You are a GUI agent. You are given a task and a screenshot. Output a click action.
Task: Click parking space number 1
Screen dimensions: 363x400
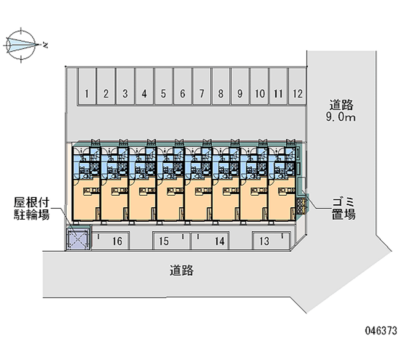point(87,93)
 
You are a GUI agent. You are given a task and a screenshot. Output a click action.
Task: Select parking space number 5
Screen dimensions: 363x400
point(163,93)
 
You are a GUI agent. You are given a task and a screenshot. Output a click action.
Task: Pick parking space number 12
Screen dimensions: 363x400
point(298,93)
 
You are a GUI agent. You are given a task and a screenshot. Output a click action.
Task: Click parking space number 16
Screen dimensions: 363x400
point(117,242)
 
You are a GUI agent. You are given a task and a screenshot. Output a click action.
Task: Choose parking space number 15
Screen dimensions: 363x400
point(164,242)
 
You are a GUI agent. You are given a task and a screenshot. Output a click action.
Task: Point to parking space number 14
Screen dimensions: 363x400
point(219,242)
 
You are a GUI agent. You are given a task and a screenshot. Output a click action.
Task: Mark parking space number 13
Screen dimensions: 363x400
point(264,242)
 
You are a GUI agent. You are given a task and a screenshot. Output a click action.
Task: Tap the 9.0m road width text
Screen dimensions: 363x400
point(341,118)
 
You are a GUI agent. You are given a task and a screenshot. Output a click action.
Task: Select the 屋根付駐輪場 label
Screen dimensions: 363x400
point(31,209)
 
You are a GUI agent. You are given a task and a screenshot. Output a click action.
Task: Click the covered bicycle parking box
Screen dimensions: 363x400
point(77,239)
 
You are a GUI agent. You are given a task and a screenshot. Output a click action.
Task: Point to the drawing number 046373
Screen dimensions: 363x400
point(381,330)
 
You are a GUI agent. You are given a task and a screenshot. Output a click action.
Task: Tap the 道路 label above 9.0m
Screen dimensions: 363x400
point(341,105)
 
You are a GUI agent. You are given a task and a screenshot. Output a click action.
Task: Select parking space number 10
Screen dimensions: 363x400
point(259,93)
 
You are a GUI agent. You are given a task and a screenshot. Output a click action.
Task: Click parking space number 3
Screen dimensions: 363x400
point(125,93)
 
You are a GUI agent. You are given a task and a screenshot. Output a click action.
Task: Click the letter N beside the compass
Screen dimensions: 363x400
point(45,45)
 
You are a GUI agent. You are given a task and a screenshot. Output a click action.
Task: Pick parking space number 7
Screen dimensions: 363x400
point(201,93)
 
